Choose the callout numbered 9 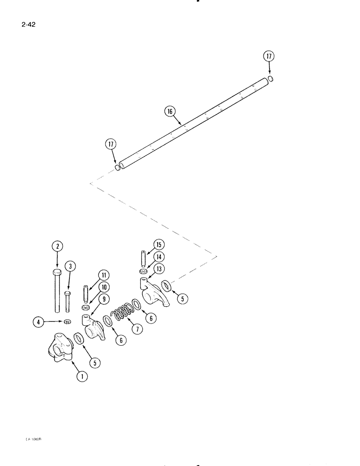coord(103,299)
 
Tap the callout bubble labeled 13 coord(160,268)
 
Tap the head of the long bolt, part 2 coord(57,272)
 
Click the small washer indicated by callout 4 coord(67,321)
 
